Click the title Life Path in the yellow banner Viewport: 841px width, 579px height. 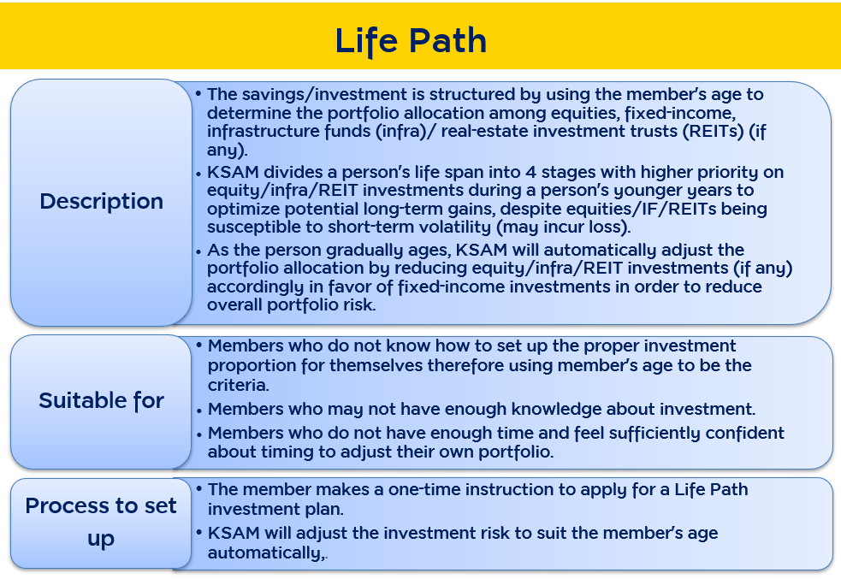pyautogui.click(x=411, y=41)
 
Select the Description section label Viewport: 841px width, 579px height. pyautogui.click(x=101, y=202)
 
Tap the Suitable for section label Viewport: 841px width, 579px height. pyautogui.click(x=101, y=400)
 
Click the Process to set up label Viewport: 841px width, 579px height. pyautogui.click(x=101, y=522)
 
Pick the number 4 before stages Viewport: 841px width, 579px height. pyautogui.click(x=530, y=172)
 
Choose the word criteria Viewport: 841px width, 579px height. pyautogui.click(x=238, y=385)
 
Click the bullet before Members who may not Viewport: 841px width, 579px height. pyautogui.click(x=199, y=411)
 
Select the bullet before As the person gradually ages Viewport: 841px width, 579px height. pyautogui.click(x=198, y=252)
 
